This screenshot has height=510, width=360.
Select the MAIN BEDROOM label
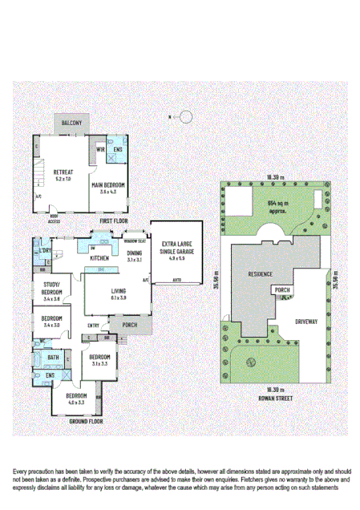110,184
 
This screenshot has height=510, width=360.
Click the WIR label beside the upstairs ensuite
102,149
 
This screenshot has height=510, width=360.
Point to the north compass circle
186,117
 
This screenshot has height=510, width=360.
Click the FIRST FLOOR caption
114,220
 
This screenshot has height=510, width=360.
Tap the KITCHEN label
99,258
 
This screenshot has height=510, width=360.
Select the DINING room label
134,253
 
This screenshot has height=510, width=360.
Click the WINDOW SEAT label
134,240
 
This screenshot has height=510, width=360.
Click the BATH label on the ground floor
52,358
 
